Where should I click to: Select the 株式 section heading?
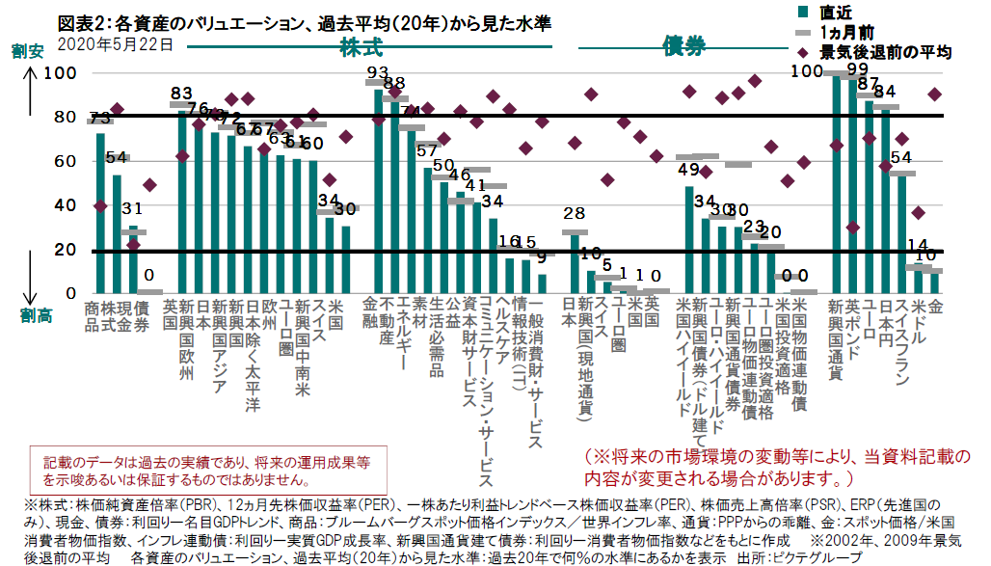pos(362,46)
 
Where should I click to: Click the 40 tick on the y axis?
pos(67,205)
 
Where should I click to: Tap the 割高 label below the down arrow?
pos(34,312)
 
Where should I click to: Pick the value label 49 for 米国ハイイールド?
pos(688,170)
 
